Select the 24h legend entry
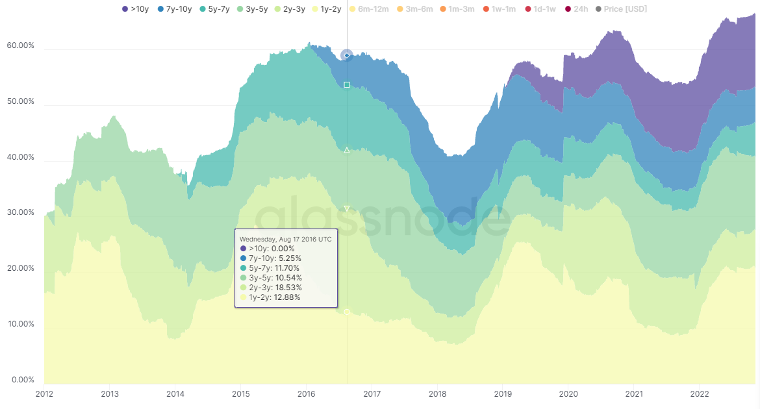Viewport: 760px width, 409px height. click(x=576, y=9)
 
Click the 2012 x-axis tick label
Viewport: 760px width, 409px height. click(x=44, y=393)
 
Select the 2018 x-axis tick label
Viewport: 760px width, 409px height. click(x=437, y=393)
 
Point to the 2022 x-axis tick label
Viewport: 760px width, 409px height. click(x=699, y=393)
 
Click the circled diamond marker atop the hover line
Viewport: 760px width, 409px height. click(x=347, y=56)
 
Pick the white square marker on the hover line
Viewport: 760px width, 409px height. click(x=347, y=85)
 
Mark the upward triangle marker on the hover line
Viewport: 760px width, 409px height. click(x=347, y=151)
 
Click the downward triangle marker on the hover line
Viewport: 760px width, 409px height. click(x=347, y=209)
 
